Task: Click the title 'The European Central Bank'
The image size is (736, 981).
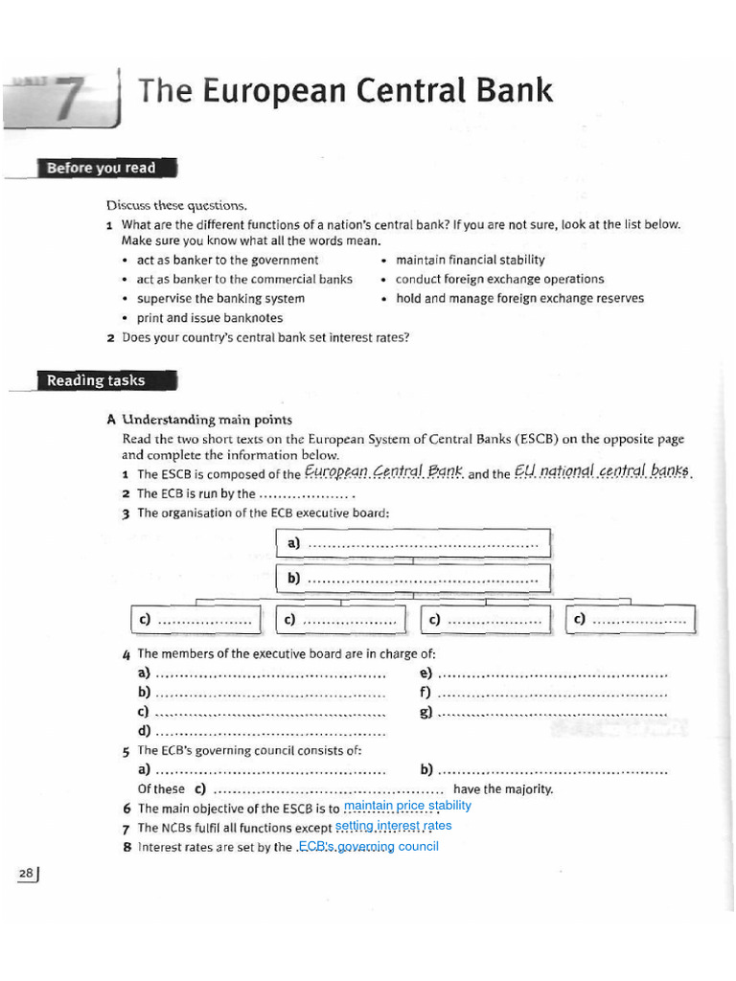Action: pyautogui.click(x=345, y=91)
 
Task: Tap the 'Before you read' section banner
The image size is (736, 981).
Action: pyautogui.click(x=101, y=169)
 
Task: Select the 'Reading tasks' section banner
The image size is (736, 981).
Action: pyautogui.click(x=96, y=380)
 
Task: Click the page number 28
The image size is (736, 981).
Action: pyautogui.click(x=26, y=873)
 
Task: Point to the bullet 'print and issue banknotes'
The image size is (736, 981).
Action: pyautogui.click(x=209, y=318)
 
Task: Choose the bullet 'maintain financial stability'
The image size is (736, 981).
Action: pyautogui.click(x=470, y=260)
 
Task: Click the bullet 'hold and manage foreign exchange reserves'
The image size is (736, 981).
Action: pyautogui.click(x=519, y=298)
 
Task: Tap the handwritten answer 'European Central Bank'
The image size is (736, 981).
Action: pyautogui.click(x=383, y=471)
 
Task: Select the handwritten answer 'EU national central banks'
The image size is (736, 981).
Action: pyautogui.click(x=603, y=471)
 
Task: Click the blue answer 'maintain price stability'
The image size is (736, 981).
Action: pyautogui.click(x=407, y=807)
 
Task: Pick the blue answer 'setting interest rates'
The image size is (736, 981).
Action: pyautogui.click(x=393, y=826)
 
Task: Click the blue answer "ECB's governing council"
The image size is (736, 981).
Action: pyautogui.click(x=368, y=846)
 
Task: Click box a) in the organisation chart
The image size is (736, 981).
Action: pyautogui.click(x=413, y=543)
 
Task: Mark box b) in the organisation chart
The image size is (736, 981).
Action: pyautogui.click(x=413, y=579)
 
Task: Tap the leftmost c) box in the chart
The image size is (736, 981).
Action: pyautogui.click(x=195, y=620)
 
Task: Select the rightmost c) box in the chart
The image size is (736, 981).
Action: pyautogui.click(x=632, y=620)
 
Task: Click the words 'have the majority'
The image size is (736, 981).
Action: pyautogui.click(x=503, y=789)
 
